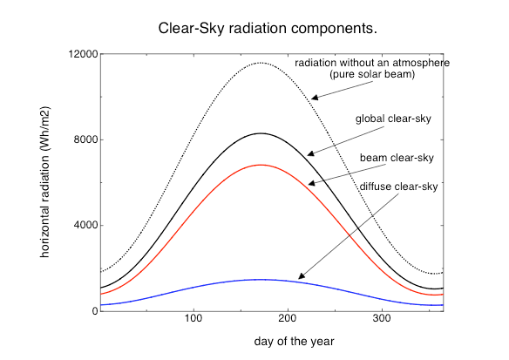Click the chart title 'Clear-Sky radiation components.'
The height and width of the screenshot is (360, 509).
pos(268,29)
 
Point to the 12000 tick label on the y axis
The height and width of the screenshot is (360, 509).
pos(83,54)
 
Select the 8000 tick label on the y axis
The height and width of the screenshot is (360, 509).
pos(85,139)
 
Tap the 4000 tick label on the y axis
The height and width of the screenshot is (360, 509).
pos(85,225)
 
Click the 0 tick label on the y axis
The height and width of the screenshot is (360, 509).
pos(95,311)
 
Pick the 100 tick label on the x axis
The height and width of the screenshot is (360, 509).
pos(193,318)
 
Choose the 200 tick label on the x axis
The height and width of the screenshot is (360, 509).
pos(288,318)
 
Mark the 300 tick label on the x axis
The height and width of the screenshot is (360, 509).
pos(382,318)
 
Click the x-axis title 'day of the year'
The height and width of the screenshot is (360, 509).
pos(294,342)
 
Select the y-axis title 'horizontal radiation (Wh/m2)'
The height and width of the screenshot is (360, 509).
pos(44,182)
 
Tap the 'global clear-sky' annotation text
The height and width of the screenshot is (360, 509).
pos(393,119)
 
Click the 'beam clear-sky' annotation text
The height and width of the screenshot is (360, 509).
pos(397,158)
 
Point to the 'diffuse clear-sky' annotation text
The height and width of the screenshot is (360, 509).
pos(398,187)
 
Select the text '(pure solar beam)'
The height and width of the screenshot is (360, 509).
pos(372,74)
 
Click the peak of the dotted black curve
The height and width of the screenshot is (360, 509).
pos(261,63)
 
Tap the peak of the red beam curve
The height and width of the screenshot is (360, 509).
pos(261,165)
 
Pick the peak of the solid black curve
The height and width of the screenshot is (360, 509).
pos(261,133)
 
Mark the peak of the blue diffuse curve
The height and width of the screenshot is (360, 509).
pos(261,279)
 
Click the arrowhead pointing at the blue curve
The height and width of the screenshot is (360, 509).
pos(302,275)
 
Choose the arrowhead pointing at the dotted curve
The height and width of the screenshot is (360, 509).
pos(315,97)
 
